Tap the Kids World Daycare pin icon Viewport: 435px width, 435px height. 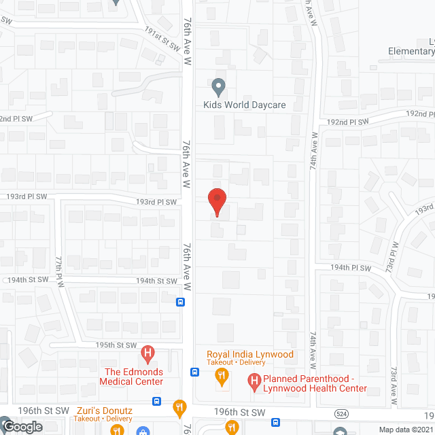coord(218,87)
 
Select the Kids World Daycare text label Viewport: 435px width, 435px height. coord(245,105)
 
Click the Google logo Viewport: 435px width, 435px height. coord(22,427)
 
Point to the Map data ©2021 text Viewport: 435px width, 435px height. coord(404,430)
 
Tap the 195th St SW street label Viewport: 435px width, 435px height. coord(114,345)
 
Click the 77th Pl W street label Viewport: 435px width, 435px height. coord(60,271)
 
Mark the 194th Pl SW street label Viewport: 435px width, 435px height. coord(351,268)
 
